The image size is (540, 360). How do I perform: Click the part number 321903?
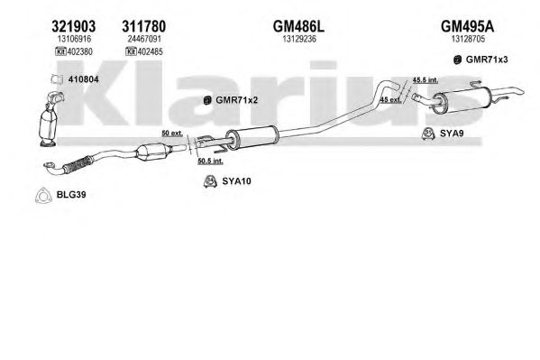74,26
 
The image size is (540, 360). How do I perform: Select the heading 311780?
144,26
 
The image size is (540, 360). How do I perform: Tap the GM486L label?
298,26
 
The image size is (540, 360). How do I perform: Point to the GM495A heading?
467,26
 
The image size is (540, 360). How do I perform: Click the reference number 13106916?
74,39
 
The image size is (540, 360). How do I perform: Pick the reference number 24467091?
144,39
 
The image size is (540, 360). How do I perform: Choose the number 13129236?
299,39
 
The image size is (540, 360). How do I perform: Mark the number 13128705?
468,39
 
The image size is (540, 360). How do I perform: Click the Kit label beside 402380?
60,51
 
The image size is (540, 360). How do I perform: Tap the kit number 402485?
151,51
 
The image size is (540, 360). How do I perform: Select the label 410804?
83,79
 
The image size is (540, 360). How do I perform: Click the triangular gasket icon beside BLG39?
42,195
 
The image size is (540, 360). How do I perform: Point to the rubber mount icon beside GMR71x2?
207,100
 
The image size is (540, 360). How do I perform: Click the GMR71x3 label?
487,60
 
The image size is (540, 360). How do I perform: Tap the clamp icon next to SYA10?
210,181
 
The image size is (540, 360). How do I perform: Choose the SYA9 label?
452,134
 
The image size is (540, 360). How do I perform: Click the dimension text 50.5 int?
210,161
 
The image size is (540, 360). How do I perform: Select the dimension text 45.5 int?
426,80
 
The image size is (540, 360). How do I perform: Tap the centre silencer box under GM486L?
252,137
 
